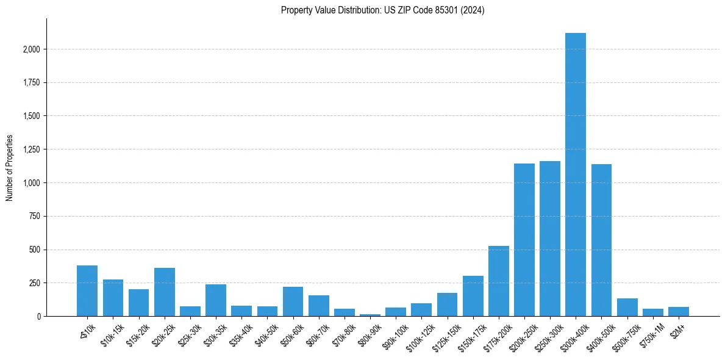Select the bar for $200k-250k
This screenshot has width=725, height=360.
[x=524, y=240]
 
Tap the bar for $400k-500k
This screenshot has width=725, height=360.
[x=601, y=240]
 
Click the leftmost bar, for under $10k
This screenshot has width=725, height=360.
[x=87, y=291]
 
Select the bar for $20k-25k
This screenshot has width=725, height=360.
[x=165, y=292]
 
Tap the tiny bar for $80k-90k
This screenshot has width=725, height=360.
[x=370, y=315]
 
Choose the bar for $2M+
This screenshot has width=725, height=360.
[x=678, y=312]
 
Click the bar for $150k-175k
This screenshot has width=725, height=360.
[x=473, y=296]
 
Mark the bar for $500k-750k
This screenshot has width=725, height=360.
[x=627, y=308]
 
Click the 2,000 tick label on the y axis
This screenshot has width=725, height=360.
[x=32, y=49]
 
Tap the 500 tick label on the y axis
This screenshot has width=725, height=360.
[x=35, y=250]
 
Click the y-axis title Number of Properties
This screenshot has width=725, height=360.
[x=10, y=167]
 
